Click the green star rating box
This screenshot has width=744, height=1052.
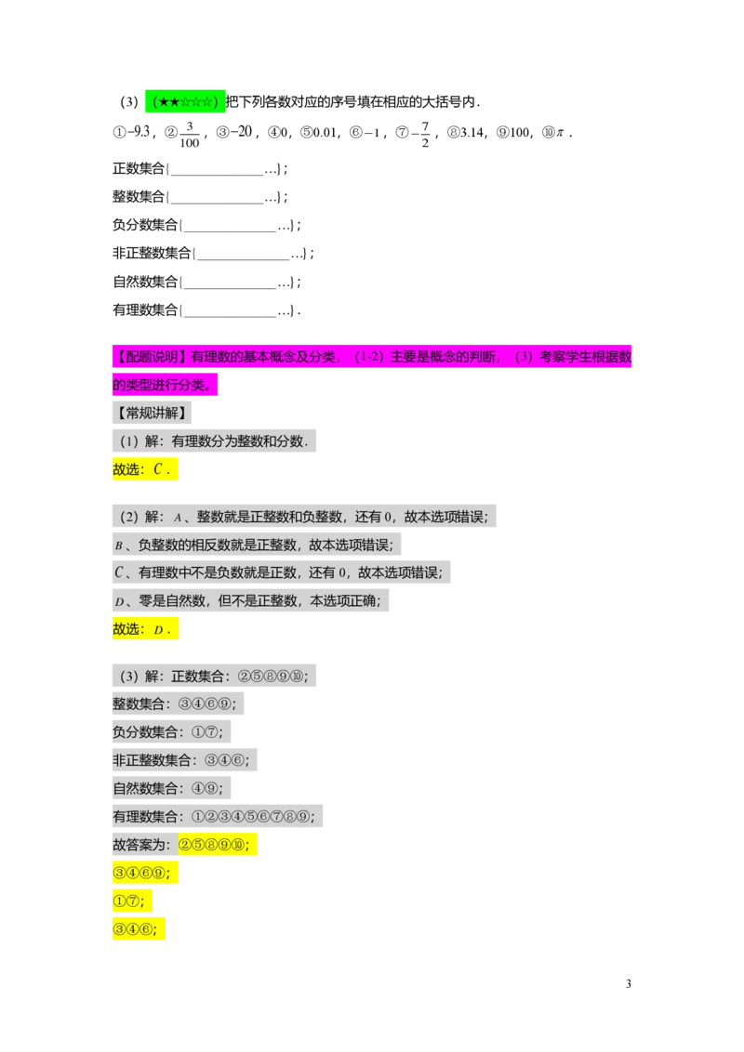185,102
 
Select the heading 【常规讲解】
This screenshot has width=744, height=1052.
151,413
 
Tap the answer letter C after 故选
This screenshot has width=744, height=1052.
158,470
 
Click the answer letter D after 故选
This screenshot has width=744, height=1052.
158,630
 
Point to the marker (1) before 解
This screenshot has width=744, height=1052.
128,441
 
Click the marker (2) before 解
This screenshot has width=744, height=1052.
128,517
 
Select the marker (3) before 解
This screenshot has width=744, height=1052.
128,677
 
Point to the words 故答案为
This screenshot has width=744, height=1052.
141,846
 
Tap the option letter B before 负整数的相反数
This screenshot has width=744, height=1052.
118,546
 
